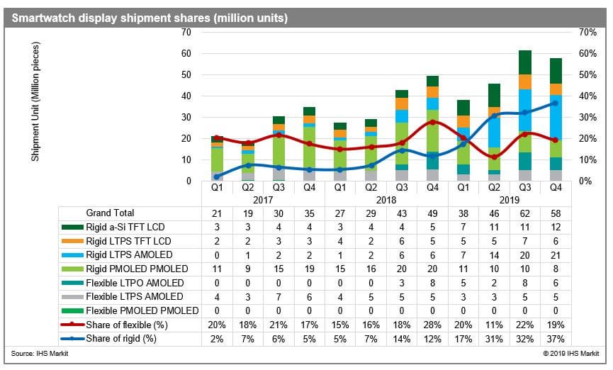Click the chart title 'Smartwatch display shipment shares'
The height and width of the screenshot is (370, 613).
pyautogui.click(x=111, y=18)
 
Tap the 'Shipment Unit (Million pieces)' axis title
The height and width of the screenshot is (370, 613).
pyautogui.click(x=35, y=101)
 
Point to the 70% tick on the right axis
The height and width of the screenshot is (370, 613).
pyautogui.click(x=587, y=32)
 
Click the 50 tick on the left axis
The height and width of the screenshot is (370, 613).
pyautogui.click(x=186, y=74)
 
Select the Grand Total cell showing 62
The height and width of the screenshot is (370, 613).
pyautogui.click(x=524, y=213)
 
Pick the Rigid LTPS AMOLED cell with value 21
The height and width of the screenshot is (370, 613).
pyautogui.click(x=556, y=255)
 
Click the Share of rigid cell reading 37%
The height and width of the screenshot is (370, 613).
pyautogui.click(x=556, y=339)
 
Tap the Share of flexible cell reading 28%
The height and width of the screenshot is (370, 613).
pyautogui.click(x=432, y=325)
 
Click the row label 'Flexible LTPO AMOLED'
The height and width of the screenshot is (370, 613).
pyautogui.click(x=135, y=283)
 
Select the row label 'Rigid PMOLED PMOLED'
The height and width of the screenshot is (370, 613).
pyautogui.click(x=137, y=269)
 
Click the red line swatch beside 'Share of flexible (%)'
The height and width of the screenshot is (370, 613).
pyautogui.click(x=72, y=324)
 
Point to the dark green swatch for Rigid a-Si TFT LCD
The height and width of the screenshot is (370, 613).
pyautogui.click(x=72, y=227)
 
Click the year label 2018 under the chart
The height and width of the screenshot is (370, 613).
pyautogui.click(x=386, y=201)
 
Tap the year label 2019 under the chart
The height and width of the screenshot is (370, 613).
pyautogui.click(x=509, y=201)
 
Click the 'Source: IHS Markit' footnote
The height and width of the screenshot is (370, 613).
pyautogui.click(x=40, y=354)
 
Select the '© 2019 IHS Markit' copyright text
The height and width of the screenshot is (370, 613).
pyautogui.click(x=570, y=354)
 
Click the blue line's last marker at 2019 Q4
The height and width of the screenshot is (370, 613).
pyautogui.click(x=555, y=103)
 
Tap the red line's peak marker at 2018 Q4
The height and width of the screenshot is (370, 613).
pyautogui.click(x=432, y=122)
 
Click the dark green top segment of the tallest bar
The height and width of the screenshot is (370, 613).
pyautogui.click(x=524, y=62)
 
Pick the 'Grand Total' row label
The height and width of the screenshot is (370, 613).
pyautogui.click(x=110, y=213)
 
